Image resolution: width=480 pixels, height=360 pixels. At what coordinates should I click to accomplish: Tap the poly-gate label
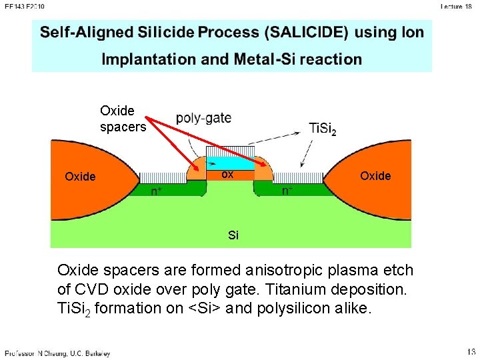(x=203, y=118)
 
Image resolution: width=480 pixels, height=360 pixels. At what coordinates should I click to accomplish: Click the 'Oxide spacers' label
(x=123, y=118)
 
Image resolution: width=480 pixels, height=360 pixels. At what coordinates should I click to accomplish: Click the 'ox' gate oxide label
(x=227, y=175)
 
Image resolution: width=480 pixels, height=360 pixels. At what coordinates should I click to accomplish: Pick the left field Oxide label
(x=80, y=177)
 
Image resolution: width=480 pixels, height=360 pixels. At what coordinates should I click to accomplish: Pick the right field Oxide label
(x=375, y=175)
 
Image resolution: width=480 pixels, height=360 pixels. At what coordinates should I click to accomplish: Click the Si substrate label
(x=233, y=235)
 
